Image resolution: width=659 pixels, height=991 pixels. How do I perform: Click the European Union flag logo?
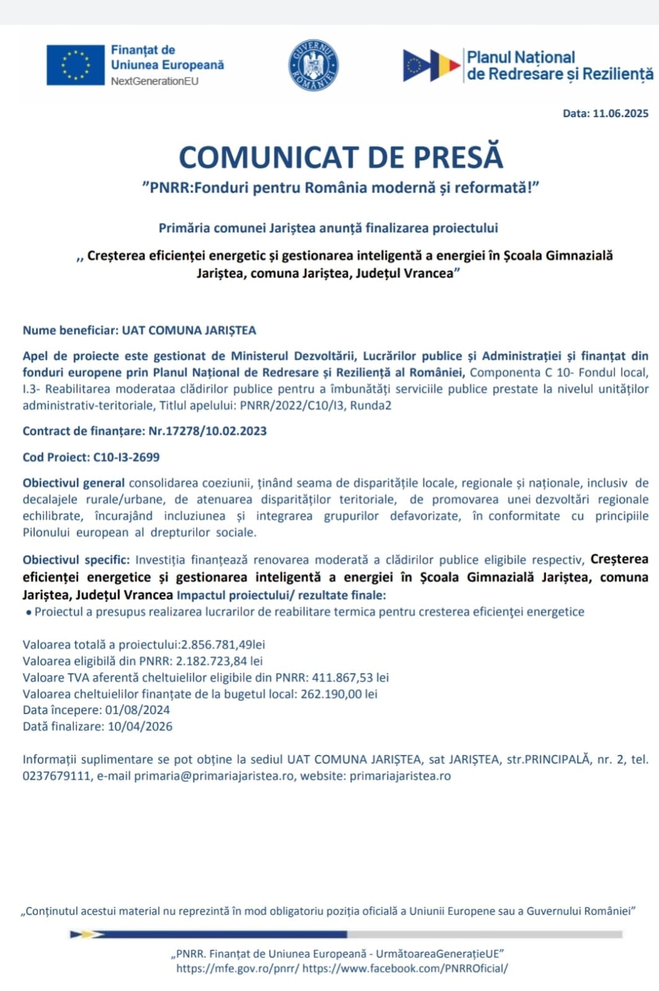coord(75,65)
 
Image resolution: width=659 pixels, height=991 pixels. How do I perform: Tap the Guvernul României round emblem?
coord(314,65)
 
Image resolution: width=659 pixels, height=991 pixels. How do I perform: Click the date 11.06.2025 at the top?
coord(621,113)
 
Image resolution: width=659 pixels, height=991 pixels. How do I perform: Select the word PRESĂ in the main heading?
coord(458,157)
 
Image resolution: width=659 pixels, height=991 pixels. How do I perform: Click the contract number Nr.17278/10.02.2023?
coord(208,431)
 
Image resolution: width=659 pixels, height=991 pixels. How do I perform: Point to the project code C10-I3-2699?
coord(126,457)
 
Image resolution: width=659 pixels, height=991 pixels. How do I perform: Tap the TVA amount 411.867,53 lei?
coord(350,678)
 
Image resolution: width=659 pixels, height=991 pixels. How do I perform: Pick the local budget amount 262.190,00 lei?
coord(339,694)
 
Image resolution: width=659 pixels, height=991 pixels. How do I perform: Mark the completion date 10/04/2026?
coord(140,727)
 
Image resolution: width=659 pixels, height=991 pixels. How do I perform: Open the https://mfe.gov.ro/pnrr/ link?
coord(238,969)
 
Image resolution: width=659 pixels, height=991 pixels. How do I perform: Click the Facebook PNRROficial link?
coord(405,969)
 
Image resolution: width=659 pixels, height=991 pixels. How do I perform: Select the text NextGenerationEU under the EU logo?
coord(155,81)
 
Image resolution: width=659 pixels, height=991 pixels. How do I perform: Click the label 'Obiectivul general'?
coord(74,483)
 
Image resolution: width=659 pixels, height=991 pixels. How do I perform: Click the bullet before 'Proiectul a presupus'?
coord(29,612)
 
